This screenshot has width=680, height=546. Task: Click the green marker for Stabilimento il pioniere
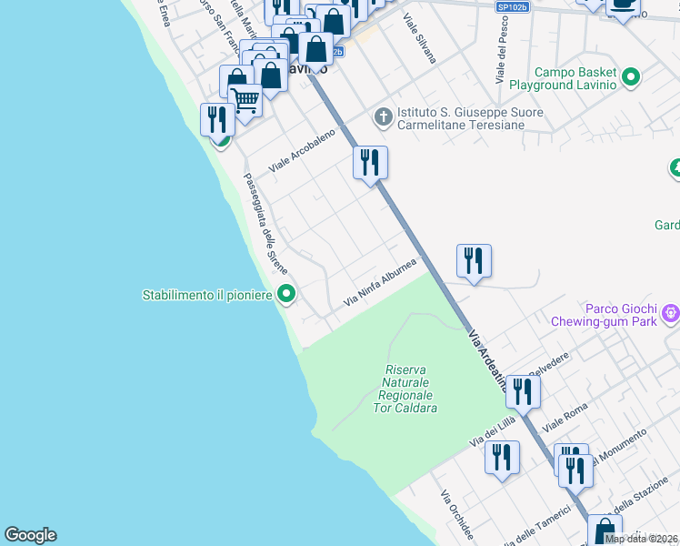click(x=287, y=294)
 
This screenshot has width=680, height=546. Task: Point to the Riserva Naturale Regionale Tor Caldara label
click(x=405, y=389)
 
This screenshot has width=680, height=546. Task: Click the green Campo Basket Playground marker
click(x=629, y=78)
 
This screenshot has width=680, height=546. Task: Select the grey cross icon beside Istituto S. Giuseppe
click(x=383, y=117)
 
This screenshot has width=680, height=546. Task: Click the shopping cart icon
click(x=245, y=100)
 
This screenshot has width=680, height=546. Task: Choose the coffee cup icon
click(x=623, y=5)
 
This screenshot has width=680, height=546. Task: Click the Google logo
click(x=30, y=535)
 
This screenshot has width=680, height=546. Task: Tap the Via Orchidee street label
click(x=456, y=515)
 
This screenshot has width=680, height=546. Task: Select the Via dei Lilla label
click(x=493, y=430)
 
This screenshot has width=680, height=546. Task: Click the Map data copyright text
click(x=641, y=538)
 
